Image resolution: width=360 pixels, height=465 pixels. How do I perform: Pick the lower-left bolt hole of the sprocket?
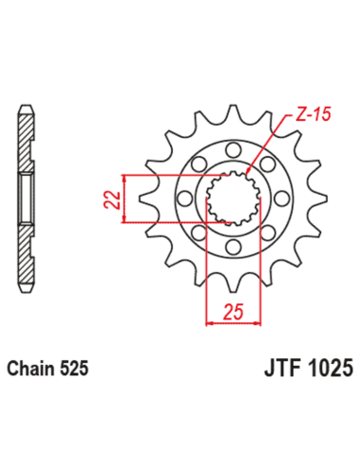[196, 233]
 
